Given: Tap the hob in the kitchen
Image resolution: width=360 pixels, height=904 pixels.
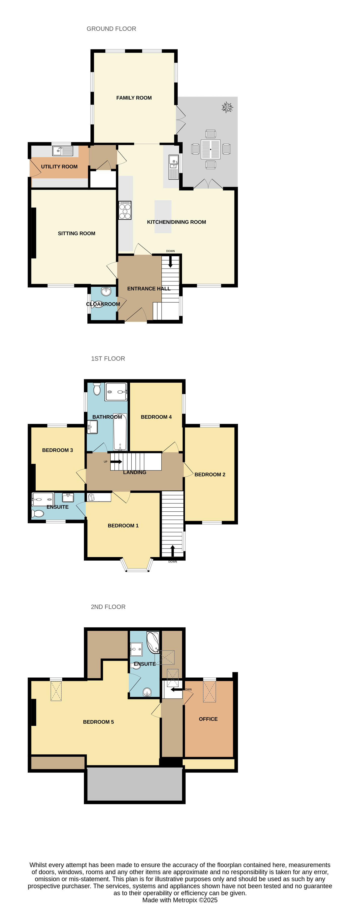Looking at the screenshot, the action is coord(125,210).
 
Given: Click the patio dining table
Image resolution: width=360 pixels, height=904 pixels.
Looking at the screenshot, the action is coord(210,149).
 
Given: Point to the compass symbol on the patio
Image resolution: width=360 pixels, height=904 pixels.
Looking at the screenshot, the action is coord(227,107).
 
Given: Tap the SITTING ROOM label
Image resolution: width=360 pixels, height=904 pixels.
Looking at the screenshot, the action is coord(77,233).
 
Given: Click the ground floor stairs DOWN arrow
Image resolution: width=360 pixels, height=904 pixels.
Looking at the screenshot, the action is coord(171,262).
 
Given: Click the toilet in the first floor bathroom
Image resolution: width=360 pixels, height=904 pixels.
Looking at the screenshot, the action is coord(97,389).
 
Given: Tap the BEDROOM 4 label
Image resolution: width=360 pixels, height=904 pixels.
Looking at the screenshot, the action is coord(156,417).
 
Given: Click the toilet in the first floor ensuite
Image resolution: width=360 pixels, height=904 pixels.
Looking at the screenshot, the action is coord(38,513).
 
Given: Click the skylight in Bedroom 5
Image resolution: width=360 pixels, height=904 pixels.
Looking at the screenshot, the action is coord(56,691).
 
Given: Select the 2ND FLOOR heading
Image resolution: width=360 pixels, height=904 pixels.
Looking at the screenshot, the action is coord(108,607).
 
